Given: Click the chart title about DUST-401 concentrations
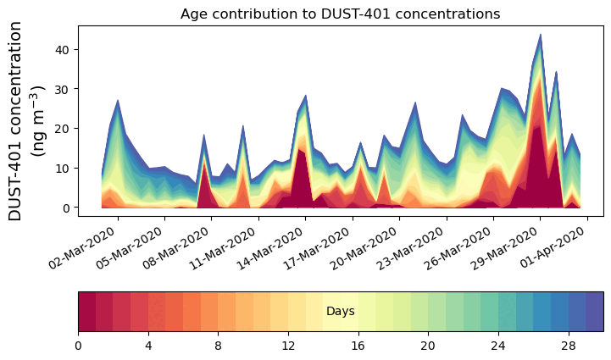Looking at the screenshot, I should click(x=340, y=14).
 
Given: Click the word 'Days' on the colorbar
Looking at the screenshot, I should click(x=341, y=312).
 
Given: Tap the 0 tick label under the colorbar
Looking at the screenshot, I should click(x=78, y=345).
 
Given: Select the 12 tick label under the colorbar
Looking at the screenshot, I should click(x=288, y=345).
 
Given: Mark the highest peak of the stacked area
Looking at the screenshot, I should click(x=540, y=36).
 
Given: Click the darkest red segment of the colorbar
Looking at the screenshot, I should click(x=86, y=312).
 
